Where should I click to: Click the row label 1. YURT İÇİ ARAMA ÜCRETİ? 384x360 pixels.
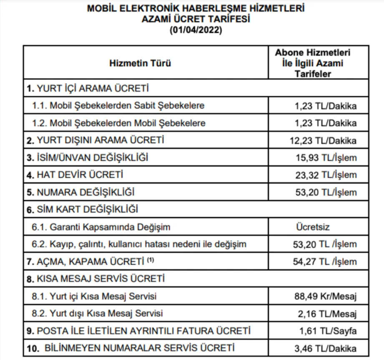coord(88,88)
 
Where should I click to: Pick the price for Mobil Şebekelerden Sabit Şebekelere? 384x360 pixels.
coord(326,106)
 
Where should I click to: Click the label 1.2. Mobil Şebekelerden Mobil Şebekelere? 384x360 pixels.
coord(119,123)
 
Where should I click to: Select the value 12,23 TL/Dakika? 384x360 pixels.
coord(324,140)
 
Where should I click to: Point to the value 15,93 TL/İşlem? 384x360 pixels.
coord(325,158)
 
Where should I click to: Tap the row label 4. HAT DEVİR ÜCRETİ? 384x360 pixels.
coord(75,175)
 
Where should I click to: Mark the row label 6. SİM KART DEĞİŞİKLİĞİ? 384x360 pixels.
coord(83,209)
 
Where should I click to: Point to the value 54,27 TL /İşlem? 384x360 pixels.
coord(325,262)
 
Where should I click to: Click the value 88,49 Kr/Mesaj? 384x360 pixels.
coord(325,297)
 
